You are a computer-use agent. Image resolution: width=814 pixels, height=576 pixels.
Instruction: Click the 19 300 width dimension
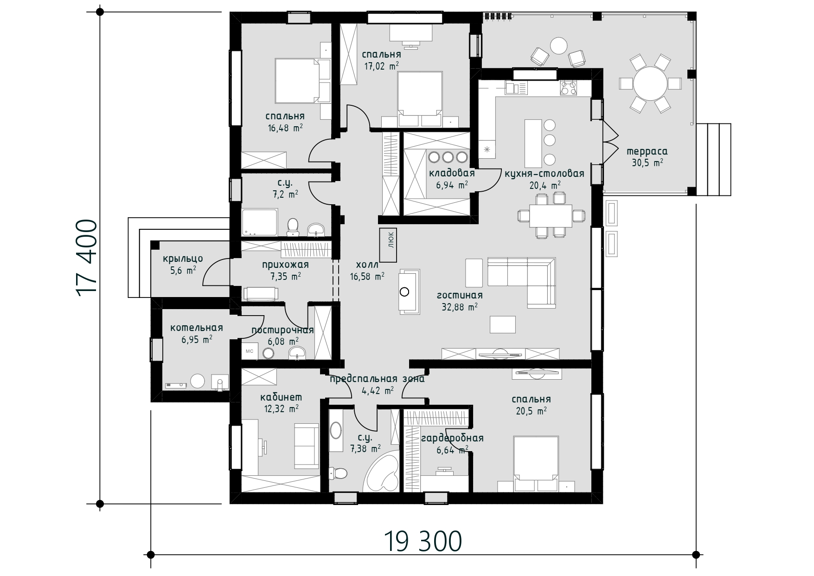[423, 541]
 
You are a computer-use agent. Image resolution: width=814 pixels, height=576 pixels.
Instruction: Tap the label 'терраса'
[647, 151]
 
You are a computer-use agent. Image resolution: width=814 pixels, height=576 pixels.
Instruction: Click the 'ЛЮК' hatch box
[389, 245]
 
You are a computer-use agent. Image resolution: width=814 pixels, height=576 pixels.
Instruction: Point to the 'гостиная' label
[460, 295]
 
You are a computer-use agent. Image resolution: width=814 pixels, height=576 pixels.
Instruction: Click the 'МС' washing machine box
[249, 351]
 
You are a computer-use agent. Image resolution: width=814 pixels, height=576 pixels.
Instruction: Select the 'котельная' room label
[197, 328]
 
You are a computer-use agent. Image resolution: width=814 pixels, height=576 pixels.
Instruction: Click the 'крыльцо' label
[183, 259]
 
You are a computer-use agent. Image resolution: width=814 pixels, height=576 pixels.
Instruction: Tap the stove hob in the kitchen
[569, 88]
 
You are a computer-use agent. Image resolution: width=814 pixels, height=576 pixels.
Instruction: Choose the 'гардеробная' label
[452, 439]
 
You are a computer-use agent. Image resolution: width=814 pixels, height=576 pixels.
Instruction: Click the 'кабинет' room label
[281, 397]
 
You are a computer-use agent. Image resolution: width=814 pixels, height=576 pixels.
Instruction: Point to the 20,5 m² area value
[531, 411]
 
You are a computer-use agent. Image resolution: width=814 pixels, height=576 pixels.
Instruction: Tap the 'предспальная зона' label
[377, 379]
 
